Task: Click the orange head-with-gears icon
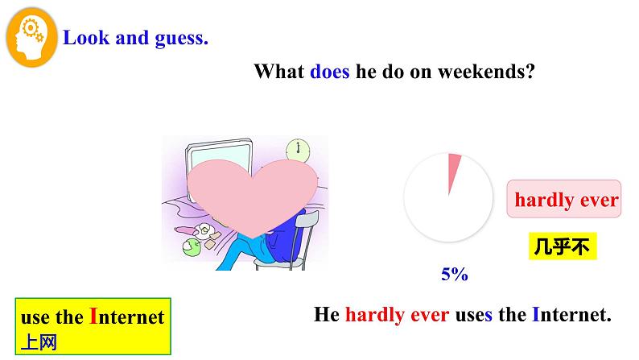click(x=31, y=38)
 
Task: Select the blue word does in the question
click(x=330, y=72)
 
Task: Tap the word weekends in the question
click(x=486, y=72)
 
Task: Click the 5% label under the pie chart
click(x=455, y=274)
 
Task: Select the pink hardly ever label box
click(x=564, y=199)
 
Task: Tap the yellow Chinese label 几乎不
click(x=563, y=246)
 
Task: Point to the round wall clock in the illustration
click(x=298, y=150)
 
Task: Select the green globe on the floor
click(x=191, y=246)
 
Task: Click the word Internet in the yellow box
click(x=126, y=317)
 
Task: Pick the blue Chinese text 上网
click(x=39, y=342)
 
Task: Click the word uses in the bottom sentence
click(x=473, y=315)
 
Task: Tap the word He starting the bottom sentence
click(x=327, y=314)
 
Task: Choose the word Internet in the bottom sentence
click(x=571, y=314)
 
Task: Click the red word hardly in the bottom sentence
click(x=374, y=315)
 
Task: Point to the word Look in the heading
click(x=86, y=38)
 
